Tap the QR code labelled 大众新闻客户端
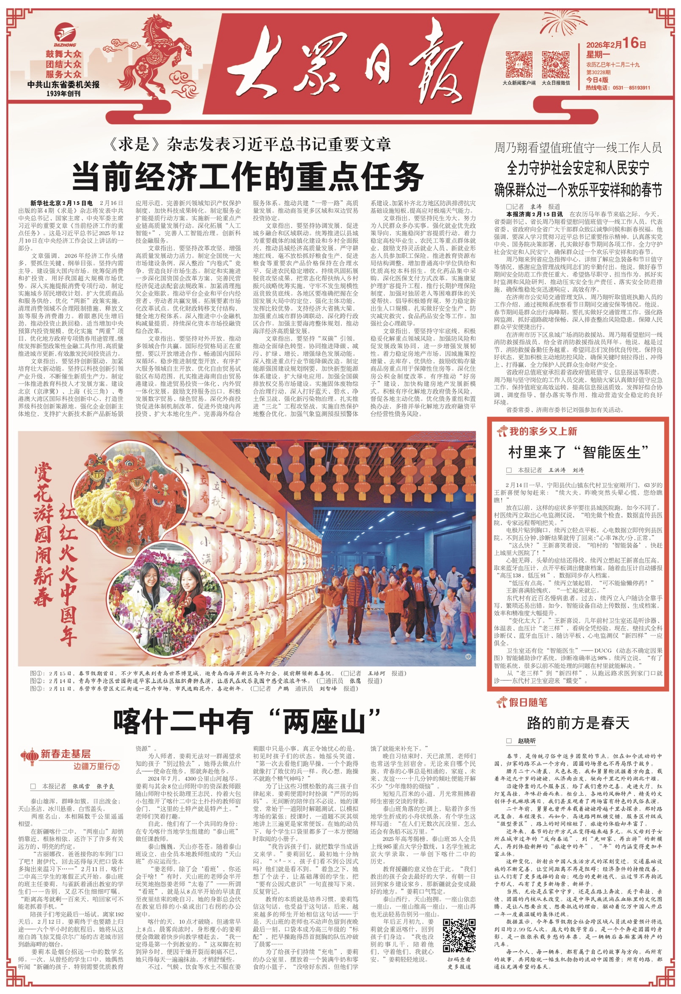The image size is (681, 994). [519, 64]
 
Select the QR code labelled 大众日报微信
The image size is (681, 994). [556, 64]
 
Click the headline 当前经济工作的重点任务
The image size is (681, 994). [248, 176]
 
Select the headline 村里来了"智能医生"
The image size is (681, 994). [578, 452]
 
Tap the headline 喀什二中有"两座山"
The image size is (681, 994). [247, 722]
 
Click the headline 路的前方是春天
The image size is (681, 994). [578, 723]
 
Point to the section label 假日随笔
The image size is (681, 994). [527, 702]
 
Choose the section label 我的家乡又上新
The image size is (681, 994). [542, 431]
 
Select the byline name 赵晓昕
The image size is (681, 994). [526, 741]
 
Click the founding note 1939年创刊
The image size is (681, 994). [63, 93]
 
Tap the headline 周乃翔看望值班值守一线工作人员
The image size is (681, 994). [578, 148]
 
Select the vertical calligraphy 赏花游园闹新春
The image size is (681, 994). [43, 535]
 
